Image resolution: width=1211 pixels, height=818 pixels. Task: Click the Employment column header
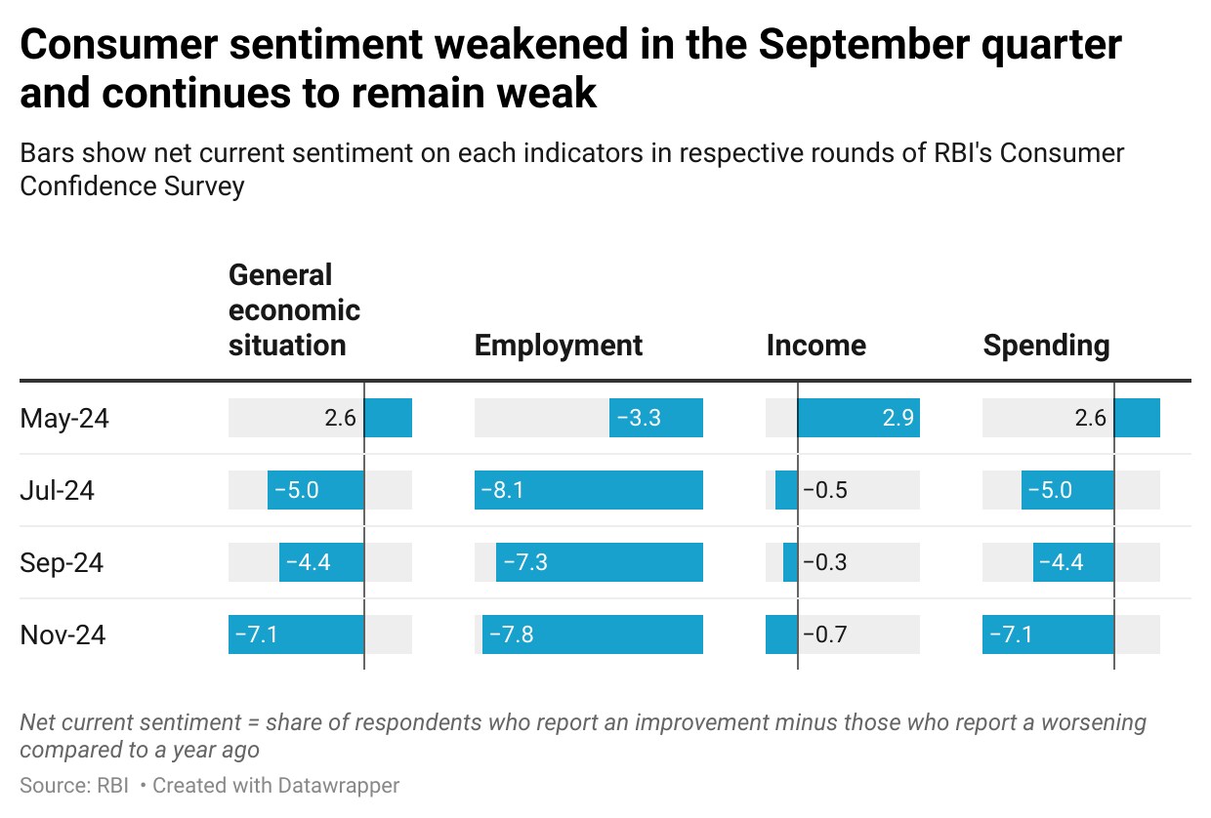tap(559, 346)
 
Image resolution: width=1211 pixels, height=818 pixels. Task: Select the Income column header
tap(816, 346)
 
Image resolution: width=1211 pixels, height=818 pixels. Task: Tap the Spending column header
tap(1046, 346)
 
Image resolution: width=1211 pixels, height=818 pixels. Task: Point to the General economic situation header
tap(294, 310)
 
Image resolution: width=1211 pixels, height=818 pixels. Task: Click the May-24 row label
tap(64, 418)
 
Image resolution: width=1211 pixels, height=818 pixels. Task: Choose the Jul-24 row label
tap(58, 491)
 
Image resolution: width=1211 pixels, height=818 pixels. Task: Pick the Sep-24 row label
tap(62, 563)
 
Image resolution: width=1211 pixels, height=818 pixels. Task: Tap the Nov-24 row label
tap(63, 634)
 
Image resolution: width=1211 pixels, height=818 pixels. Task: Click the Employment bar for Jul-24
tap(589, 490)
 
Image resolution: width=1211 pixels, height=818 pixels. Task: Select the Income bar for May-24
tap(858, 418)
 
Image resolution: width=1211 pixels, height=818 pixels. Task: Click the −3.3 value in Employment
tap(639, 418)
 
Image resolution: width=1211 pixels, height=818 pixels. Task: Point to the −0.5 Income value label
tap(825, 490)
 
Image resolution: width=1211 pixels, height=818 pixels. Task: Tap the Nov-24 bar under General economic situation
tap(296, 634)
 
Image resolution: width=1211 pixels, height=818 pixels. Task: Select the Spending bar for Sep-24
tap(1073, 562)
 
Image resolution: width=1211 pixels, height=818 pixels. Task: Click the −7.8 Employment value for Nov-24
tap(511, 634)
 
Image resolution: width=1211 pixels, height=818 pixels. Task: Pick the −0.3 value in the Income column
tap(825, 562)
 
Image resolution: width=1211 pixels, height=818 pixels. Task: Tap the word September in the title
tap(864, 45)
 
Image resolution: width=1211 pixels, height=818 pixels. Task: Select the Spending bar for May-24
tap(1137, 418)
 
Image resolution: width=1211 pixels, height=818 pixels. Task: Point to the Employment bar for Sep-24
tap(600, 562)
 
